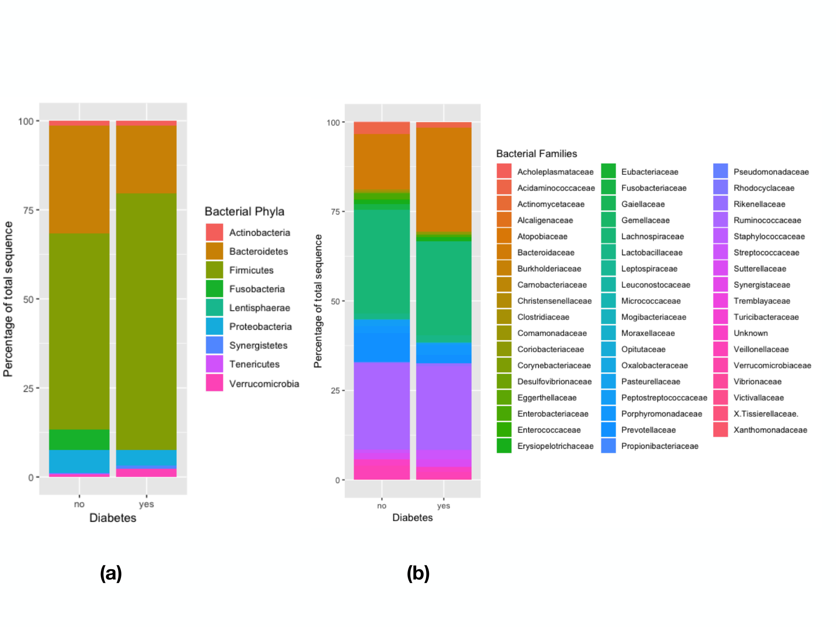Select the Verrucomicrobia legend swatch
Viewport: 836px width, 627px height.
click(x=215, y=383)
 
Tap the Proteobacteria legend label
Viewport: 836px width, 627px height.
click(x=261, y=326)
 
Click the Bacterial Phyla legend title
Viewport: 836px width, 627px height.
click(x=244, y=212)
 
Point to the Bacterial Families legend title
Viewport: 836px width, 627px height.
click(x=536, y=154)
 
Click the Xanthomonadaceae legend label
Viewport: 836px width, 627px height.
click(x=770, y=430)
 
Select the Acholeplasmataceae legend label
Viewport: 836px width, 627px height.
click(x=555, y=172)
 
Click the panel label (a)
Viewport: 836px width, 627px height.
click(x=111, y=573)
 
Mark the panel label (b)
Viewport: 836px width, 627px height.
click(x=418, y=573)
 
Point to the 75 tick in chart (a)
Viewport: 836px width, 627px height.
click(x=28, y=210)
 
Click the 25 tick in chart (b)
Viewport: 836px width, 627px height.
click(x=335, y=390)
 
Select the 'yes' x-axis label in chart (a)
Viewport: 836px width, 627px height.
click(x=146, y=504)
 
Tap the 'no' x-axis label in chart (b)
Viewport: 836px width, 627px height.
click(x=382, y=506)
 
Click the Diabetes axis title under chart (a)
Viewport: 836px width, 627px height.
click(x=113, y=518)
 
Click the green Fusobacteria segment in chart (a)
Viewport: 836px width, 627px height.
click(x=79, y=439)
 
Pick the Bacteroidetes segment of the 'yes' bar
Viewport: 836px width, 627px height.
click(x=146, y=160)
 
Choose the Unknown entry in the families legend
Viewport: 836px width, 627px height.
click(x=750, y=333)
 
